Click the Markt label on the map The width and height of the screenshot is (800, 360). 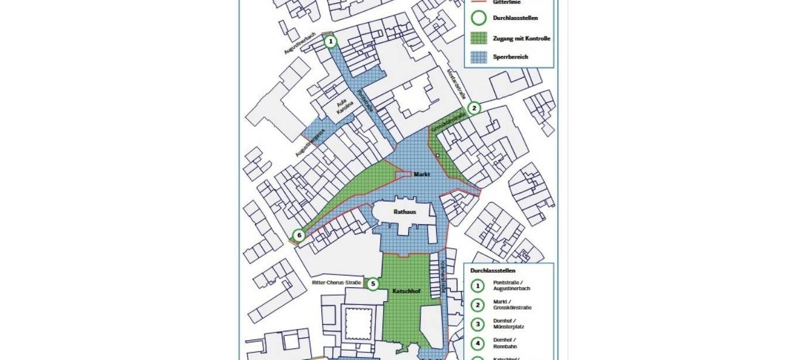pos(422,174)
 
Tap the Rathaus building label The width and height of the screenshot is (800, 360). pos(405,212)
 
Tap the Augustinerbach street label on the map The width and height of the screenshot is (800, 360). pos(300,43)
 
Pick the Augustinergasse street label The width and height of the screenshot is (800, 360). pos(310,143)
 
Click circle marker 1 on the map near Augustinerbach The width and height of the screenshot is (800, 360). pos(331,42)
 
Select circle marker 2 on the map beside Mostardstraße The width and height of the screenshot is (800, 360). pos(474,108)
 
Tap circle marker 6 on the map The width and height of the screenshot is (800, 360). pos(299,236)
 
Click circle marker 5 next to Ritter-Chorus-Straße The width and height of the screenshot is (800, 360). pos(372,284)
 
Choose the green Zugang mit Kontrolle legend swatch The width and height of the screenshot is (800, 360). pos(479,39)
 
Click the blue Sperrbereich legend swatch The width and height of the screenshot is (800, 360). pos(479,57)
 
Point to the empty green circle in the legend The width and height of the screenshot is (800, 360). pos(479,18)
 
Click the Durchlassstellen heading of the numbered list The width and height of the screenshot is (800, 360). pos(493,271)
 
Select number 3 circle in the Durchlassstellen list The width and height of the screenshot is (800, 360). pos(478,324)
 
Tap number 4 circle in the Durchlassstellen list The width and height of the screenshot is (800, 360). pos(478,343)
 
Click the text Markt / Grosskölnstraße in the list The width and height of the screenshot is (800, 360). pos(512,304)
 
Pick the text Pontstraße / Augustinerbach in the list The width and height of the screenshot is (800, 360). pos(512,286)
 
